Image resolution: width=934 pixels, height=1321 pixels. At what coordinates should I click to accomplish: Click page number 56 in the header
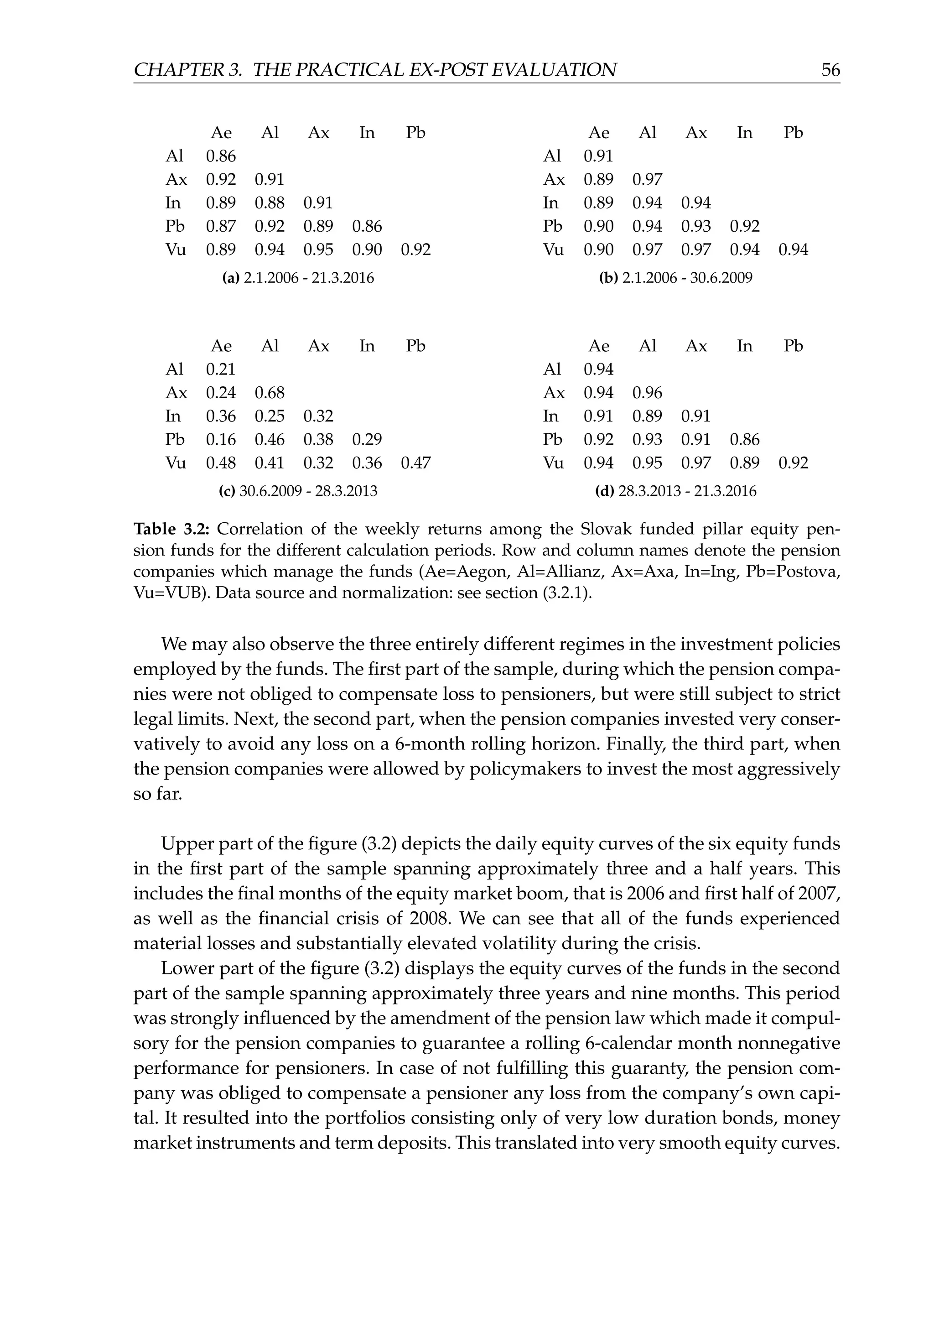tap(830, 70)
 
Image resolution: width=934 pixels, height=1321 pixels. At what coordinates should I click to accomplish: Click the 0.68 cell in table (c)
tap(270, 393)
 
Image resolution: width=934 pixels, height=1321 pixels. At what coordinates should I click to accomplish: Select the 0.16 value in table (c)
tap(221, 440)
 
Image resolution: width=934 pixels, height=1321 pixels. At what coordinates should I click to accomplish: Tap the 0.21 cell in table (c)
tap(221, 369)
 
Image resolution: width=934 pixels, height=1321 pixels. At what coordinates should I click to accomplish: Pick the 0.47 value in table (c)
tap(416, 463)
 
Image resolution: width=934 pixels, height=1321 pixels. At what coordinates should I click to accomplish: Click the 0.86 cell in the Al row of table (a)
tap(221, 156)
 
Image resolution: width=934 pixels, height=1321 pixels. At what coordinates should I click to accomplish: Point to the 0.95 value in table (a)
tap(318, 250)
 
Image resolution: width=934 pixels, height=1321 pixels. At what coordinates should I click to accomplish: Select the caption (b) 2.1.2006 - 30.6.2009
tap(676, 278)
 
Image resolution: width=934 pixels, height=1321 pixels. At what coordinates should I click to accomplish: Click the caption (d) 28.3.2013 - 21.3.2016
tap(676, 491)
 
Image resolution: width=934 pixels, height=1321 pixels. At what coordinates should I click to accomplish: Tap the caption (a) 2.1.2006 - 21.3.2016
tap(298, 278)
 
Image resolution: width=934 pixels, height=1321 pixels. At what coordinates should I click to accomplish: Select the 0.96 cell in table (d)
tap(648, 393)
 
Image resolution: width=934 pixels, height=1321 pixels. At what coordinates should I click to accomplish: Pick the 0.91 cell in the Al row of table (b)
tap(599, 156)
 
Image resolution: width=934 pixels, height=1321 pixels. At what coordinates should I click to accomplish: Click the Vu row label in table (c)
tap(176, 463)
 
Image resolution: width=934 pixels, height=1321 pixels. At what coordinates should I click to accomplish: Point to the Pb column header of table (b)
tap(793, 133)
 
